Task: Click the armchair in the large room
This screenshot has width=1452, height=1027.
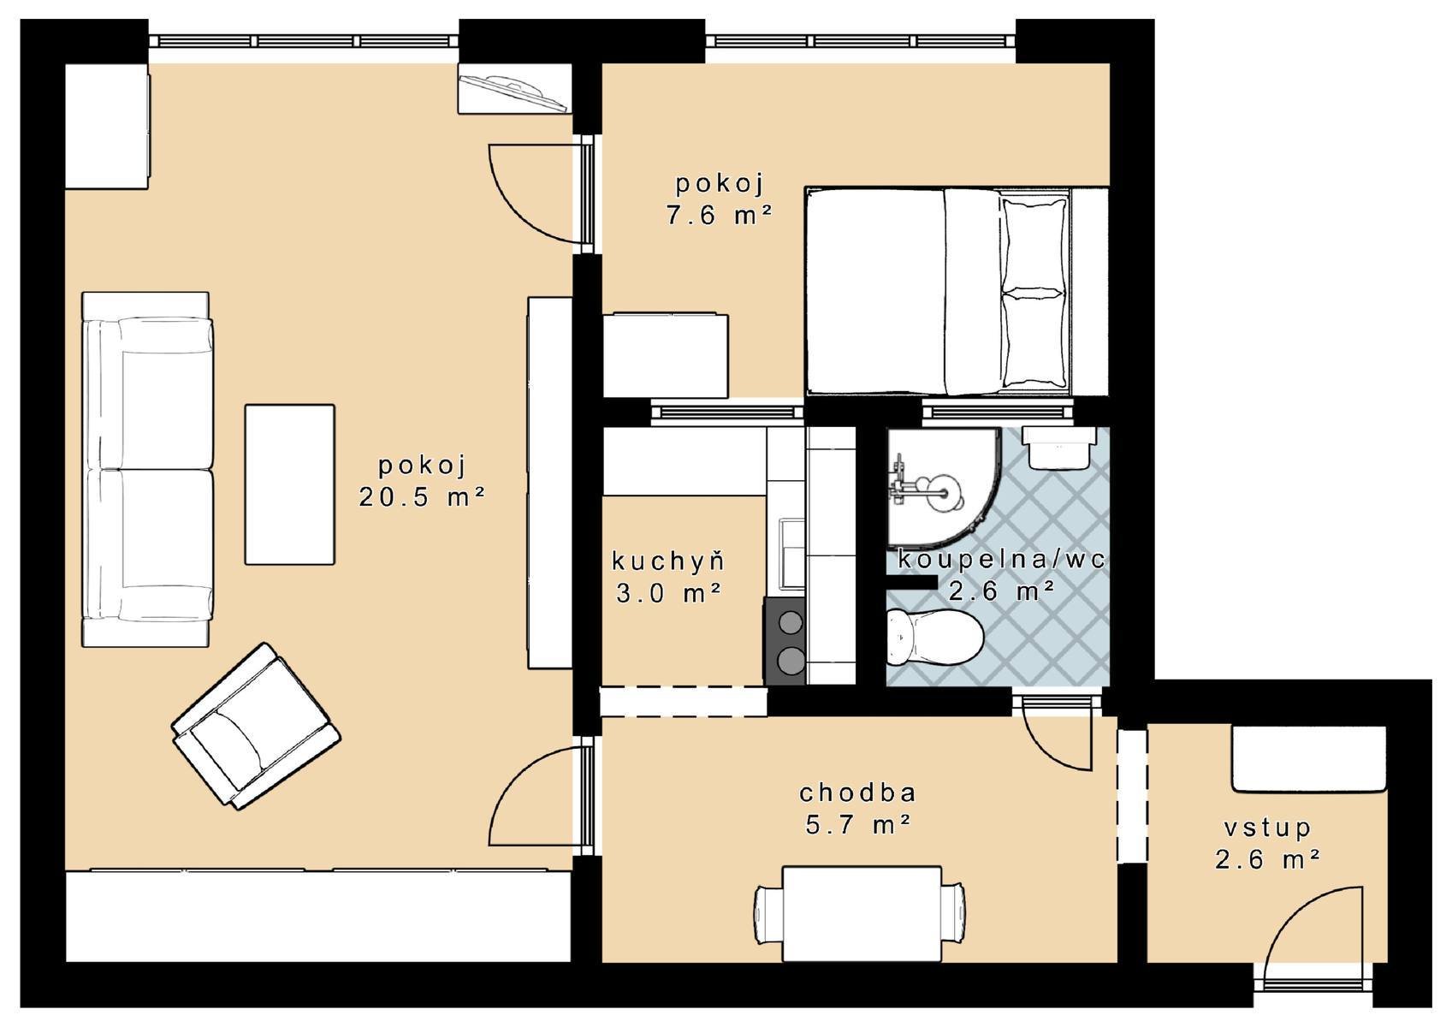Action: point(256,726)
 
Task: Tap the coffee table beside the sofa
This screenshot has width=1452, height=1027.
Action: point(290,484)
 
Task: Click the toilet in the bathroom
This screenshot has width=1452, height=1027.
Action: point(934,638)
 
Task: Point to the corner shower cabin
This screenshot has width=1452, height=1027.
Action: point(941,487)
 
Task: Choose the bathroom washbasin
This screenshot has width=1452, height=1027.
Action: point(1058,447)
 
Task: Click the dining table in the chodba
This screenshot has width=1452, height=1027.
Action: point(862,914)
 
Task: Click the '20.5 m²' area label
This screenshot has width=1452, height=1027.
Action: point(422,497)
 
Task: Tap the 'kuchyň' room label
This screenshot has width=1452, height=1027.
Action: point(668,561)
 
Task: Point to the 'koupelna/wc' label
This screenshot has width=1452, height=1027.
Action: point(1001,559)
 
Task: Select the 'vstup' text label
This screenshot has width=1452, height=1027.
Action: point(1266,828)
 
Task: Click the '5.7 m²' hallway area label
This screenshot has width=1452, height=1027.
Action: point(858,825)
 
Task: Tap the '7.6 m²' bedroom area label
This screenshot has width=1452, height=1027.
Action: point(720,215)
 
